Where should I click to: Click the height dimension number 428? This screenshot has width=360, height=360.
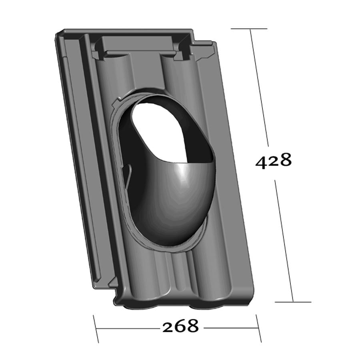(274, 160)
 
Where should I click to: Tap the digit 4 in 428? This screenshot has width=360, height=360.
(262, 161)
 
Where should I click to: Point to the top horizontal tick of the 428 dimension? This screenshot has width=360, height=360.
(249, 29)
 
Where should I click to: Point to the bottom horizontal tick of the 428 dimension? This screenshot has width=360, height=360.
(293, 302)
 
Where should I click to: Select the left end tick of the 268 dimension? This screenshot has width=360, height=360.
(96, 329)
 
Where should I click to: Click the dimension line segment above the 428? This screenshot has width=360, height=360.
(259, 88)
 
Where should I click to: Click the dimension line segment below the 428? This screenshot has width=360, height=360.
(284, 240)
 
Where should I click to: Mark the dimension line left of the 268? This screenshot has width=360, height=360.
(128, 329)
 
